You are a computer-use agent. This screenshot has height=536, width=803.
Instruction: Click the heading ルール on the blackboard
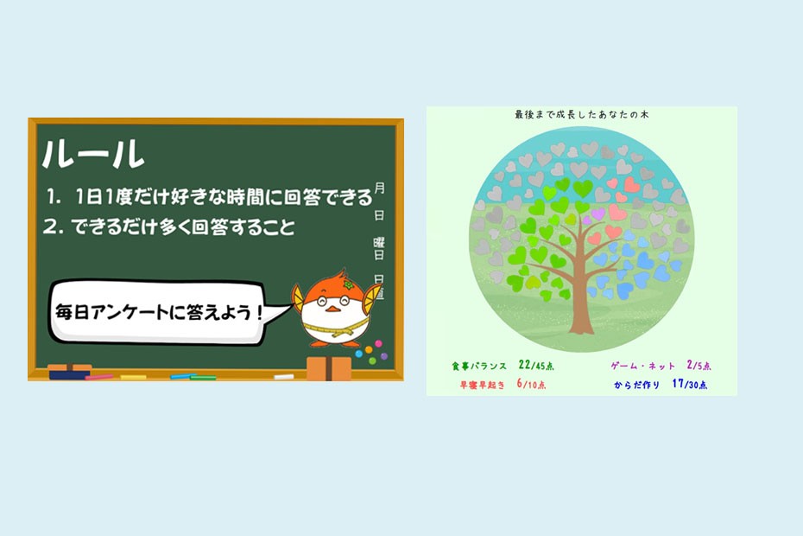93,153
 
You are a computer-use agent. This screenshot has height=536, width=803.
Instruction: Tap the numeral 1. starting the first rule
53,196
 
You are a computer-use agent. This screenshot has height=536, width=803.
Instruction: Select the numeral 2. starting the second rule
53,227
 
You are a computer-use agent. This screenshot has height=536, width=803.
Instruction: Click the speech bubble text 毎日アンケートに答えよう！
159,312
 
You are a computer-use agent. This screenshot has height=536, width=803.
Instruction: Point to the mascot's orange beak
332,309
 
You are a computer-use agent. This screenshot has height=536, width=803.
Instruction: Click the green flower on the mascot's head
349,284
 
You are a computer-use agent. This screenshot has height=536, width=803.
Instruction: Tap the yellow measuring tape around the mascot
335,329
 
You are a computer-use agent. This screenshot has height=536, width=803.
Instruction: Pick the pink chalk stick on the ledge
98,377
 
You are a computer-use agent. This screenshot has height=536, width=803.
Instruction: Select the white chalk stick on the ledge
284,377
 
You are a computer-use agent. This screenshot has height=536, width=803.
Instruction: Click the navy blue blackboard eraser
70,372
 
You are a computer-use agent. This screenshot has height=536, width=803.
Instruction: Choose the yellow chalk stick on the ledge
133,378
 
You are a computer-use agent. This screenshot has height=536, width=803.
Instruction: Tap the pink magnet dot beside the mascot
378,343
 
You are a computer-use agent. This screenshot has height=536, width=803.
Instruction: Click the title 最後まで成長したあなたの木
582,115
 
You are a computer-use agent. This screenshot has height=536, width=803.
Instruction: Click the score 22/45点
535,365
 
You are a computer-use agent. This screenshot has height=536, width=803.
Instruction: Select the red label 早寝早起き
482,385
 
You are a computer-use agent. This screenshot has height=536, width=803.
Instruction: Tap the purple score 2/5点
699,365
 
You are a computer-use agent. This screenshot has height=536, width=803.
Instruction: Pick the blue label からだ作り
636,385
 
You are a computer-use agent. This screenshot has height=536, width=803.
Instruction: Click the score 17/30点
689,384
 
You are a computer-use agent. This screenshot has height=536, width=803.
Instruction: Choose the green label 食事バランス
479,367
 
